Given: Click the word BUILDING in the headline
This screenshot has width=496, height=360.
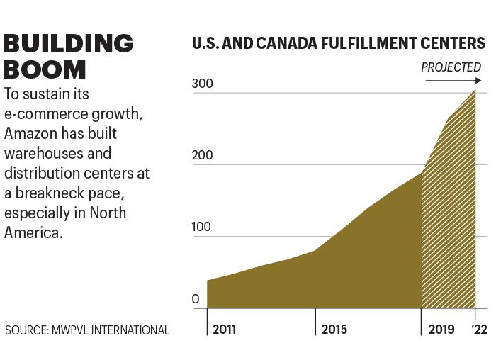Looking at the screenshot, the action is coord(68,43).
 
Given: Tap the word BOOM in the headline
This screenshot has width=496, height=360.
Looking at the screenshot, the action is coord(45,69).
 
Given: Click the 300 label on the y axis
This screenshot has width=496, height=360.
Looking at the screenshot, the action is coord(202,84).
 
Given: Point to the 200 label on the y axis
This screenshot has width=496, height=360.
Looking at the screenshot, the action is coord(202,155).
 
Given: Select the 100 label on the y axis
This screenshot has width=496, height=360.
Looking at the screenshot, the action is coord(201,227).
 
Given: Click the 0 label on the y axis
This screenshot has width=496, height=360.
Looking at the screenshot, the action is coord(196,299).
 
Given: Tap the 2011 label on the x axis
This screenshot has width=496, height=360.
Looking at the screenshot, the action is coord(225,330).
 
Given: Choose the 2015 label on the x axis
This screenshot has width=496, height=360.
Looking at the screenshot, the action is coord(334,330).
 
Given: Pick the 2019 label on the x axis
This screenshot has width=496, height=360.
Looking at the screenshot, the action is coord(441,330).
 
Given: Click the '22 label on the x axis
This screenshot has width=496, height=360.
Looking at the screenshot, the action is coord(480,330).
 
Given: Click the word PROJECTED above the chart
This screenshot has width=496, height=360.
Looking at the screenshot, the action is coord(451,67).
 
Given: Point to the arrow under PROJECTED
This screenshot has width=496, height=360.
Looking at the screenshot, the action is coord(453,81).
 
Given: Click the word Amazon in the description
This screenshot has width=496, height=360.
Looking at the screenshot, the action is coord(30,133).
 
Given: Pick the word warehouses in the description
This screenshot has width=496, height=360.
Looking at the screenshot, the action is coord(44,154).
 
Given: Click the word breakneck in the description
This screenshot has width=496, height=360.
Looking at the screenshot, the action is coord(50,193).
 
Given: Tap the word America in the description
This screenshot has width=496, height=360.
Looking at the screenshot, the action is coord(33,233).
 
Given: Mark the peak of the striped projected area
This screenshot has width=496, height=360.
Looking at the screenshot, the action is coord(475,91).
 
